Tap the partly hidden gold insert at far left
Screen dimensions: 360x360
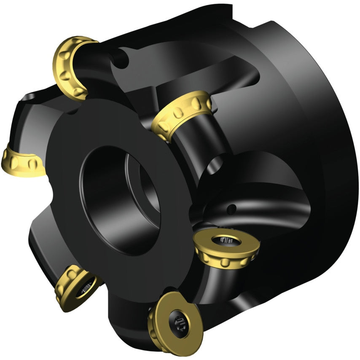tap(21, 161)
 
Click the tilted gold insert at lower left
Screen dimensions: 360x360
tap(76, 287)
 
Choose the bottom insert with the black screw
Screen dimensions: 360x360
tap(175, 322)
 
